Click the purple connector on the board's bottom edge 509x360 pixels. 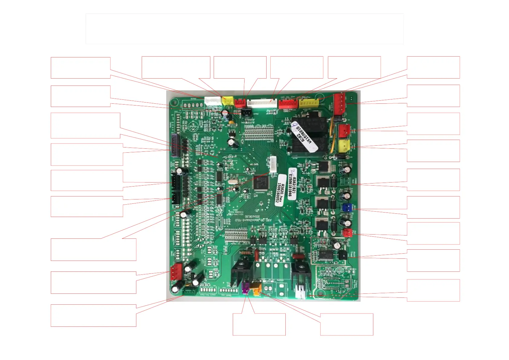245,287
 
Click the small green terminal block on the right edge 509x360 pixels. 345,181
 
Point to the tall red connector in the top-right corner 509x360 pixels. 339,104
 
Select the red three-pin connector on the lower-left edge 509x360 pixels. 176,271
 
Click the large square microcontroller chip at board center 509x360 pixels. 261,182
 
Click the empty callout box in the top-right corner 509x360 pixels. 433,67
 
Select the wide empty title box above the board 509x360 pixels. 245,29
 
